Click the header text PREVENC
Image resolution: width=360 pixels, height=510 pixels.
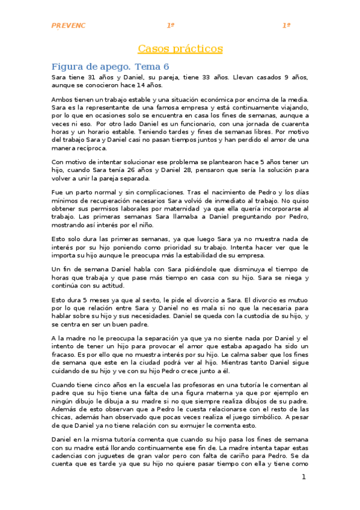coord(69,26)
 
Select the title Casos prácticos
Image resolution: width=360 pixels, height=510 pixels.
coord(180,48)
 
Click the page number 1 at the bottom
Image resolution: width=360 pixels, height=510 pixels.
coord(304,477)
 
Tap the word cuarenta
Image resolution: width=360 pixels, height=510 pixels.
coord(290,123)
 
